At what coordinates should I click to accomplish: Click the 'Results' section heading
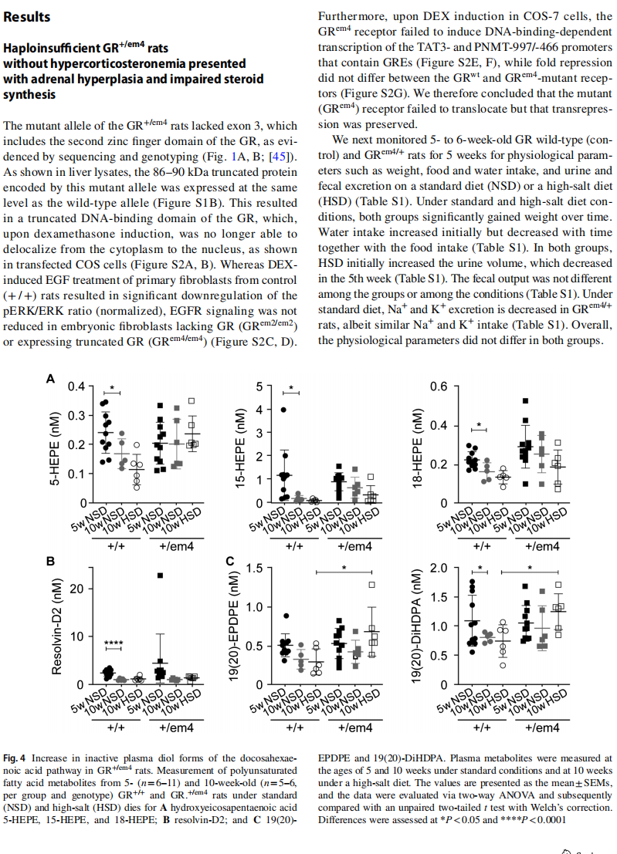pyautogui.click(x=27, y=17)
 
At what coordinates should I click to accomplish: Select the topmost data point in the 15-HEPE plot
pyautogui.click(x=283, y=410)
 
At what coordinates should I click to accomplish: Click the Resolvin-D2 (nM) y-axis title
pyautogui.click(x=56, y=625)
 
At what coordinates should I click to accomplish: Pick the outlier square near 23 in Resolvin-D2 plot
pyautogui.click(x=161, y=576)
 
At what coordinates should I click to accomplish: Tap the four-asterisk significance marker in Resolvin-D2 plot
pyautogui.click(x=114, y=643)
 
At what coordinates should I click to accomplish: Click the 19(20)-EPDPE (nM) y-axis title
pyautogui.click(x=233, y=626)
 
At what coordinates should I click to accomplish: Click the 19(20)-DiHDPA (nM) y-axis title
pyautogui.click(x=417, y=626)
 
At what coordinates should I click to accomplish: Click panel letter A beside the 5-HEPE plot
pyautogui.click(x=51, y=379)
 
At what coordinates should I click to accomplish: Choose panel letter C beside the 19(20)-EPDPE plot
pyautogui.click(x=230, y=561)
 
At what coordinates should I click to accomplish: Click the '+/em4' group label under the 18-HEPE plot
pyautogui.click(x=542, y=546)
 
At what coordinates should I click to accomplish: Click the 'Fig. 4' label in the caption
pyautogui.click(x=14, y=758)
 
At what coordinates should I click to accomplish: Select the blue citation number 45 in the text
pyautogui.click(x=279, y=157)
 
